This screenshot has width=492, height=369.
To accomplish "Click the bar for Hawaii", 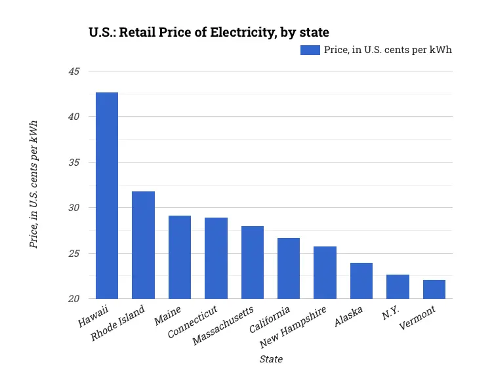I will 107,195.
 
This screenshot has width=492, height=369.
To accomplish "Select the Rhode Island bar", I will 143,245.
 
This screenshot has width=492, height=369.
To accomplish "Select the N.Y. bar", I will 398,286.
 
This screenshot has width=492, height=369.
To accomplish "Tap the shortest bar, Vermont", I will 434,289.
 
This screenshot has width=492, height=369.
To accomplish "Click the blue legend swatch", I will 310,50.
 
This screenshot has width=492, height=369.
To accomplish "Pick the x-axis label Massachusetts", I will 224,326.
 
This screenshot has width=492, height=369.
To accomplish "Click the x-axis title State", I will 271,359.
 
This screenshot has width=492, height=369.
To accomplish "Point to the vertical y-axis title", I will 33,184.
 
